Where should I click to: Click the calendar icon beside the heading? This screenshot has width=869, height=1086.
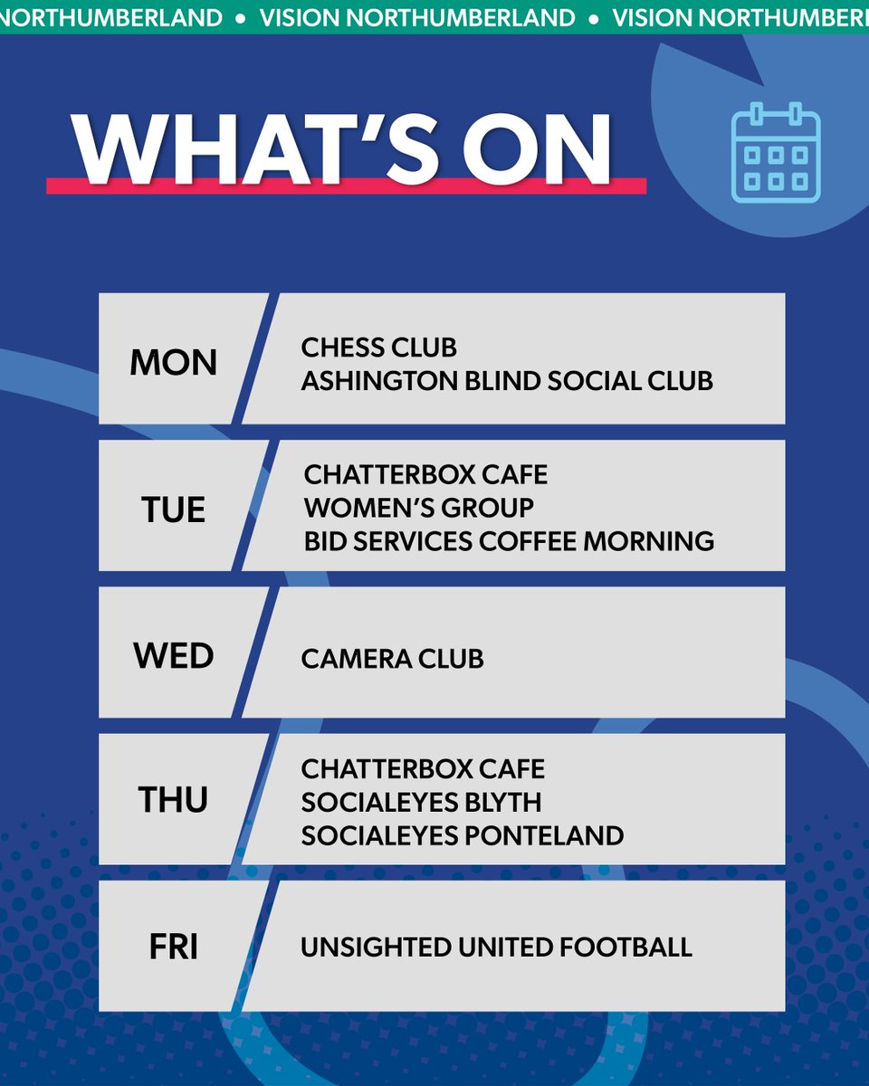(775, 152)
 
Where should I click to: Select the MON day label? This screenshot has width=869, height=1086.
(174, 363)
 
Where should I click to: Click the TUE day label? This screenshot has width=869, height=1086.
(174, 510)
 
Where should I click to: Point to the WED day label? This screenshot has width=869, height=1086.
(174, 656)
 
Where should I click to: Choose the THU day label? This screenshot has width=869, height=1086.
(174, 801)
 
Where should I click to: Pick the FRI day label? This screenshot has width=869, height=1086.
(174, 948)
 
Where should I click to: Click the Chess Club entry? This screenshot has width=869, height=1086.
(378, 348)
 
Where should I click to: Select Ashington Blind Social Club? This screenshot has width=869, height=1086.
(507, 380)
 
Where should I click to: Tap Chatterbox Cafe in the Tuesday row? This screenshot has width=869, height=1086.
(425, 474)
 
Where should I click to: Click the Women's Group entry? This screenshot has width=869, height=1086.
(418, 507)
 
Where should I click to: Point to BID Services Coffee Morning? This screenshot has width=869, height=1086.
(509, 541)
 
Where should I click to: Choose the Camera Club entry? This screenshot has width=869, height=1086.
(392, 658)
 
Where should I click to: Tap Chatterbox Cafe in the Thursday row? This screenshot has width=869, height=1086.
(423, 769)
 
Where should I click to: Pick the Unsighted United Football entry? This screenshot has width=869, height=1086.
(496, 948)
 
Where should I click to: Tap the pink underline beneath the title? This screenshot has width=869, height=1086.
(346, 186)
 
